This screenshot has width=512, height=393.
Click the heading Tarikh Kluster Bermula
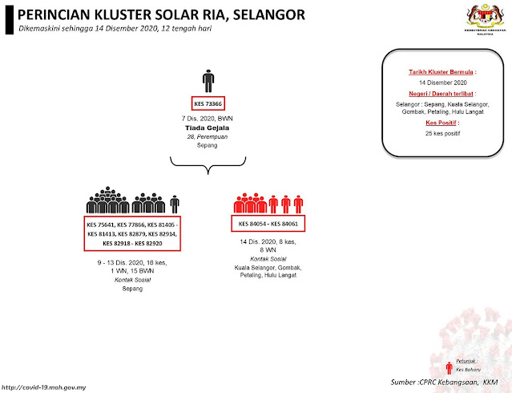437,71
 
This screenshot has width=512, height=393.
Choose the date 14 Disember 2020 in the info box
437,83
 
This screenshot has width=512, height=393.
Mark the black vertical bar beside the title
9,19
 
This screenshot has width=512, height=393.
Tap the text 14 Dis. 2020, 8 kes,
265,241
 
